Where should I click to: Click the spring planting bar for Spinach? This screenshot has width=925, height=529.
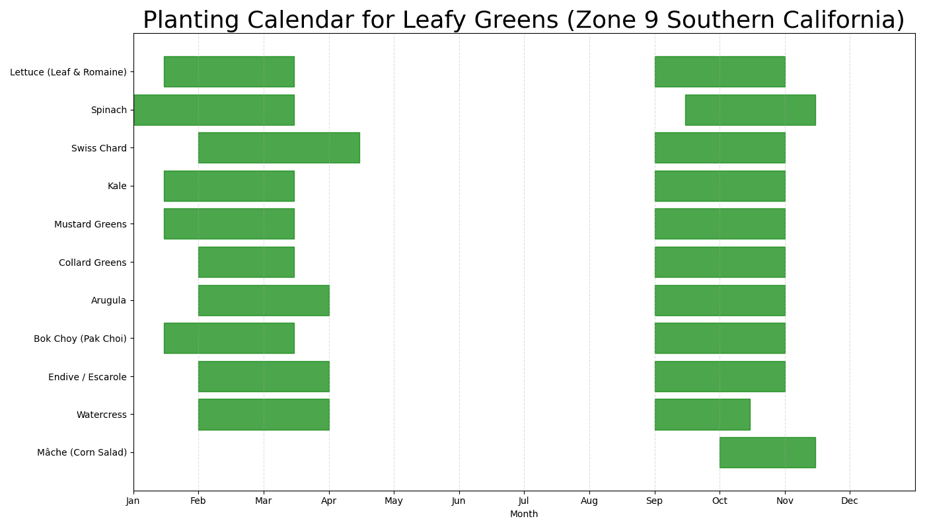coord(213,110)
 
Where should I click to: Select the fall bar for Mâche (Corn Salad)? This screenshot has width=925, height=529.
coord(767,452)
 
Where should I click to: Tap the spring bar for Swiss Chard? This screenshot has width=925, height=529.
coord(279,147)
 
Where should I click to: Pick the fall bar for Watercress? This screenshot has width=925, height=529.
coord(702,415)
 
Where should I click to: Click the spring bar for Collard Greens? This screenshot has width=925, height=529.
coord(246,262)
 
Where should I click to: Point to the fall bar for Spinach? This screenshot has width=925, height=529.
coord(750,110)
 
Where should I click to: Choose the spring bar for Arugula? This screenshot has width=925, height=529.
coord(264,300)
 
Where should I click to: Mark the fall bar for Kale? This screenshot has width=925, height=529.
coord(720,186)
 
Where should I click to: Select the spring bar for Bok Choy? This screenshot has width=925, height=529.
coord(229,338)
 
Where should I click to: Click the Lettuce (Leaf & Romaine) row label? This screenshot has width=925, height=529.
coord(68,72)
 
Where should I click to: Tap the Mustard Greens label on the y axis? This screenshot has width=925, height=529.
coord(91,224)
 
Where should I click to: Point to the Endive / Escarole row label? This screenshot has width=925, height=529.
coord(87,377)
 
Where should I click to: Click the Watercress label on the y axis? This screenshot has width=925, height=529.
coord(101,415)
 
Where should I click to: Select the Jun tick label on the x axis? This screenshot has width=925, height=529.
coord(459,501)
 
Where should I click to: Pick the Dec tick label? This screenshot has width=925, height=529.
coord(850,501)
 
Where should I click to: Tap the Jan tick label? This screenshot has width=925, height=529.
coord(133,501)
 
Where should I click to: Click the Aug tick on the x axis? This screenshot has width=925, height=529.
coord(589,501)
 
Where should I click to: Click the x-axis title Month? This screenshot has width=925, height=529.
coord(524,514)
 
